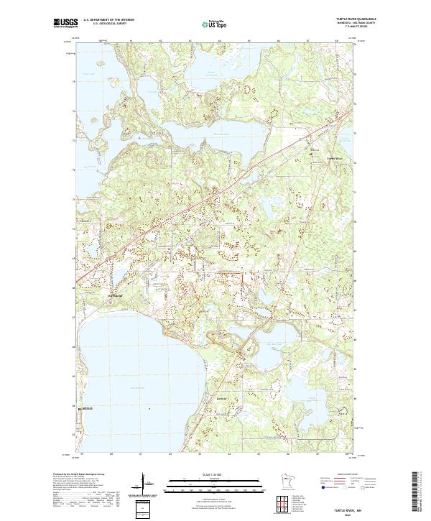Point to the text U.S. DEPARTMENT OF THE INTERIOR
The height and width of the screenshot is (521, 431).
pyautogui.click(x=108, y=20)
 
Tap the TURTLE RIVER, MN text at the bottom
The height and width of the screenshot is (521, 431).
pyautogui.click(x=357, y=506)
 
